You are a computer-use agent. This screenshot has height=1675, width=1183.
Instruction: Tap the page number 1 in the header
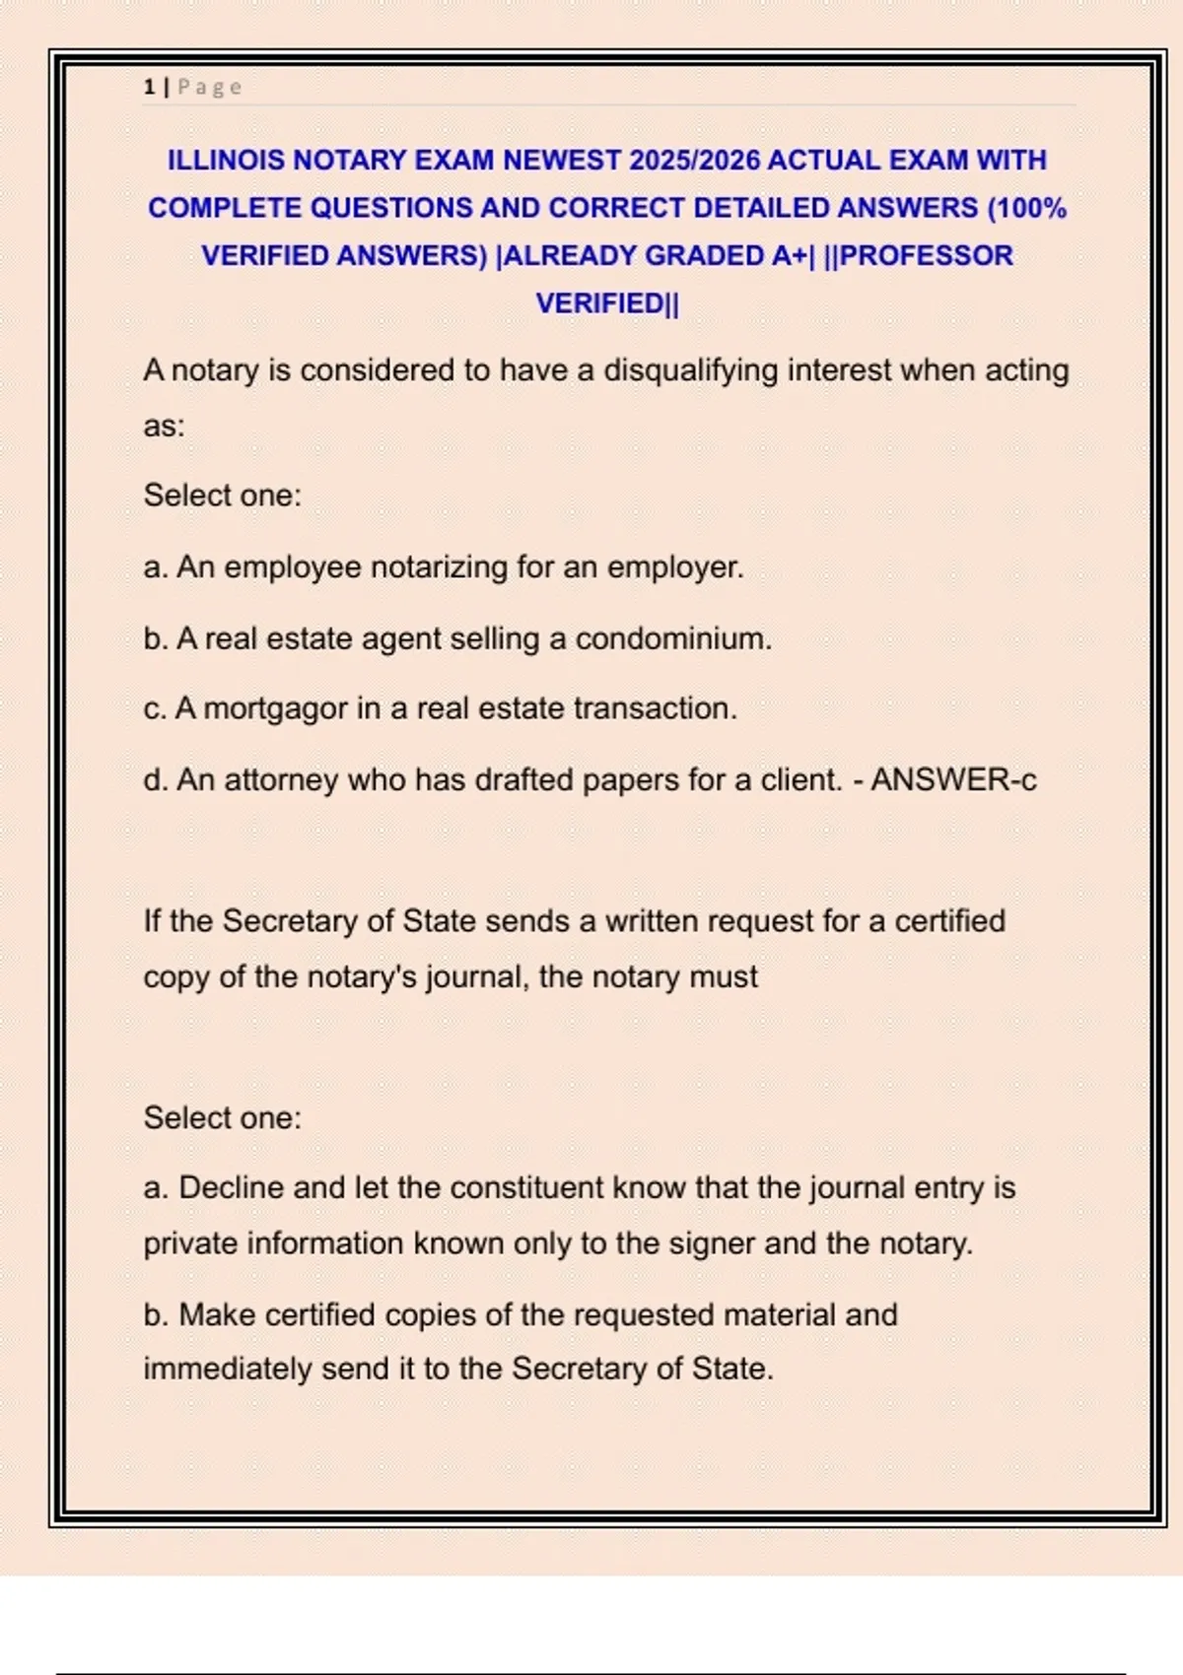[x=149, y=87]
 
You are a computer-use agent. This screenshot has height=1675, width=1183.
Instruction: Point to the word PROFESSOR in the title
[x=927, y=255]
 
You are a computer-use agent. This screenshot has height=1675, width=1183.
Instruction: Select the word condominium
[x=672, y=638]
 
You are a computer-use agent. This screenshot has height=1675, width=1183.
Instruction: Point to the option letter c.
[x=153, y=708]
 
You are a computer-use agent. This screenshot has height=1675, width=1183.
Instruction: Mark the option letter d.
[x=154, y=779]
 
